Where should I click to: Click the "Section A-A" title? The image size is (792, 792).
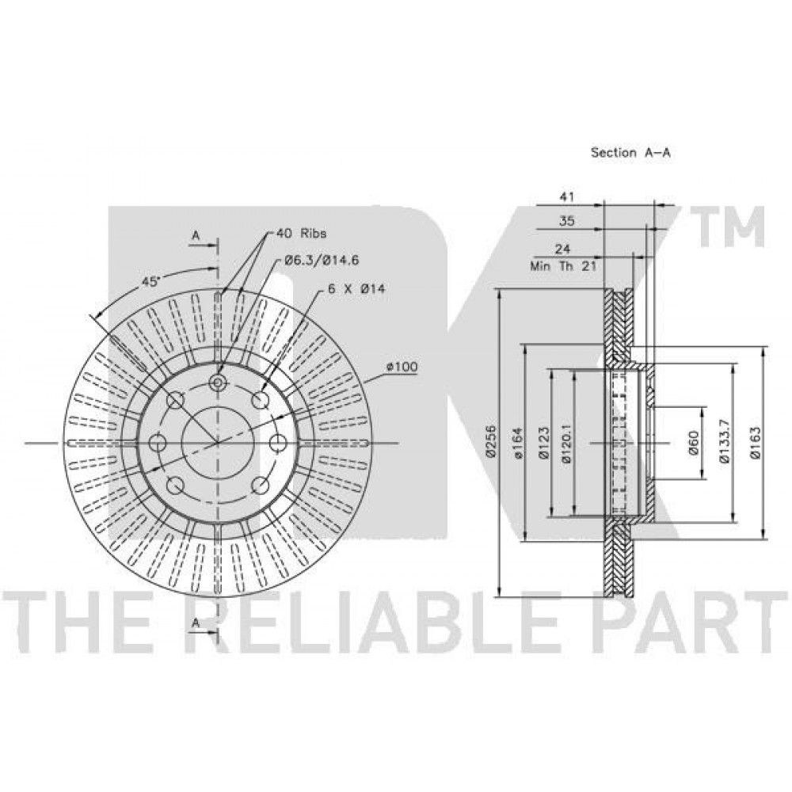[630, 152]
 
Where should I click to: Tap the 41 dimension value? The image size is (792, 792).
[567, 196]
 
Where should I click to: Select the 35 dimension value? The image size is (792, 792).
[567, 221]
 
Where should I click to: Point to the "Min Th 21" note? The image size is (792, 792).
[563, 266]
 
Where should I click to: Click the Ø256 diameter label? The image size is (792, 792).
[489, 441]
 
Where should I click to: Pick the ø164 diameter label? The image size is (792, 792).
[518, 443]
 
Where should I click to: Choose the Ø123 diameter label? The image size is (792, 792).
[543, 443]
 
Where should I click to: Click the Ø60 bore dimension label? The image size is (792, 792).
[693, 443]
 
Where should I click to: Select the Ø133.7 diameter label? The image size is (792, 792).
[725, 443]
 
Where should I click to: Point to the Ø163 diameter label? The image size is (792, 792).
[755, 443]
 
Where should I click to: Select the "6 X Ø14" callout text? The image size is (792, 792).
[356, 289]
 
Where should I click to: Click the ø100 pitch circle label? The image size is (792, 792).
[402, 366]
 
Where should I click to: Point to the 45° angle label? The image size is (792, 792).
[150, 281]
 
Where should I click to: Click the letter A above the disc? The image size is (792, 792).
[196, 235]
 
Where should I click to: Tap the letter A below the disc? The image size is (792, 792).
[196, 623]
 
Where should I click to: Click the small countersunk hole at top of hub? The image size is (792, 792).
[218, 382]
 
